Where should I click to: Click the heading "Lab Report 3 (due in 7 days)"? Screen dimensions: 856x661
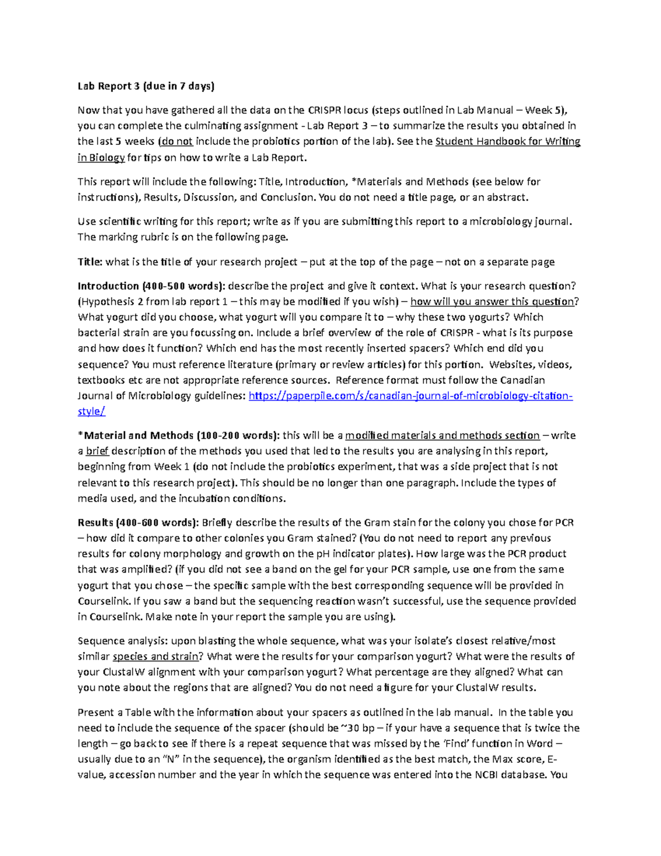point(146,86)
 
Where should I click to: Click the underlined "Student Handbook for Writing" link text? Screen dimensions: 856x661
point(507,142)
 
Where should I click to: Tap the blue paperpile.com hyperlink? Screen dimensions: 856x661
point(410,396)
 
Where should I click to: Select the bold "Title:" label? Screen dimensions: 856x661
point(90,262)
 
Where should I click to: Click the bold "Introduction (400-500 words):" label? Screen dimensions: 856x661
point(151,286)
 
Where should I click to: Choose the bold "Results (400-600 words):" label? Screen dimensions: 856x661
point(138,523)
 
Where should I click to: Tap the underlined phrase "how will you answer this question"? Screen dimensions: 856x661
point(492,302)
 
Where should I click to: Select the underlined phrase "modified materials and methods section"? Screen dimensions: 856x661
point(442,435)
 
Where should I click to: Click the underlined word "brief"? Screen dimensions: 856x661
point(97,451)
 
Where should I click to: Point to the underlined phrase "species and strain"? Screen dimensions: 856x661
point(155,656)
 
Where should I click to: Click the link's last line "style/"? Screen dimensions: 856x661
point(91,411)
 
